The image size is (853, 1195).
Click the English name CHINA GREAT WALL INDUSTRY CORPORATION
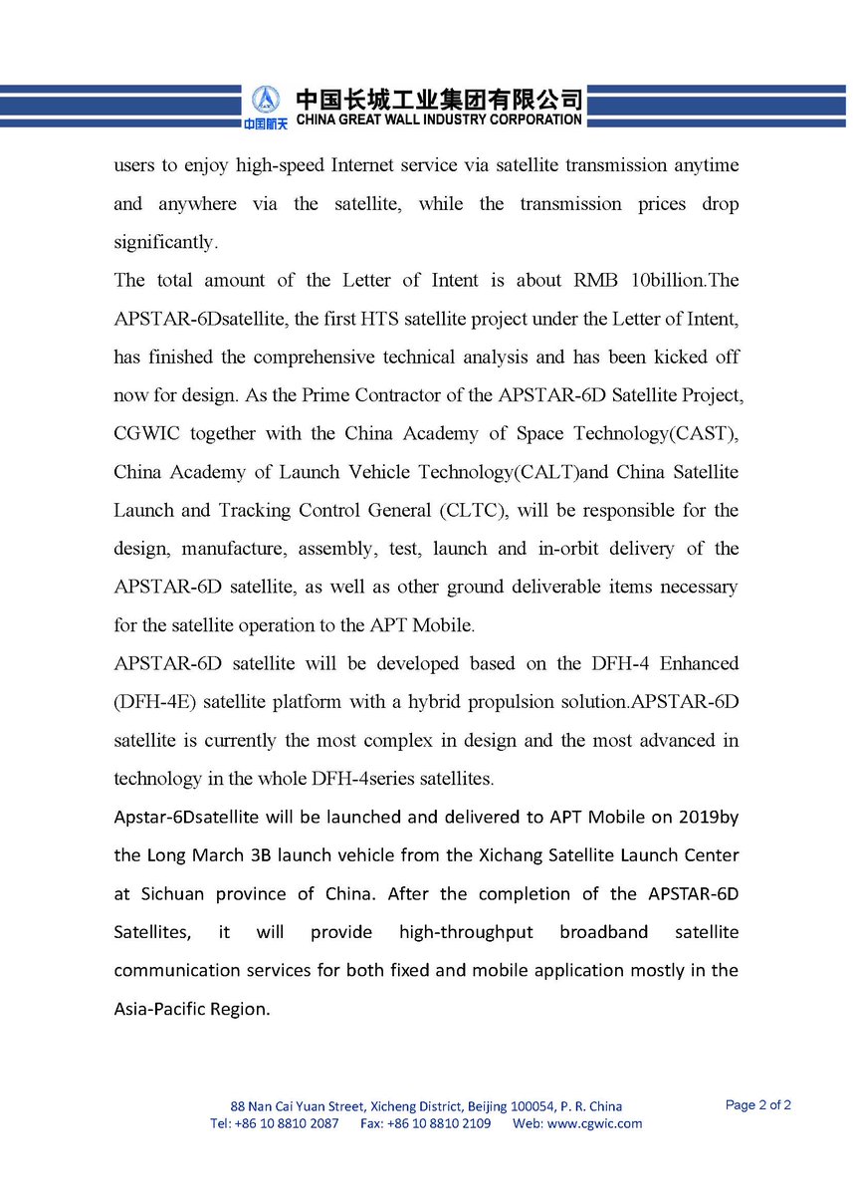(x=439, y=119)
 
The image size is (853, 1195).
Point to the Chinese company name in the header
(x=439, y=99)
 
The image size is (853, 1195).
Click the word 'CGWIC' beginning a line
(x=142, y=433)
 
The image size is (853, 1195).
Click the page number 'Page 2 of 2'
(x=758, y=1104)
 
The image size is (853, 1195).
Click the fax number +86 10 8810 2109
(x=439, y=1123)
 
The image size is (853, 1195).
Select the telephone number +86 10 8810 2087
(x=287, y=1123)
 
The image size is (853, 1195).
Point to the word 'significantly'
(x=164, y=242)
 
